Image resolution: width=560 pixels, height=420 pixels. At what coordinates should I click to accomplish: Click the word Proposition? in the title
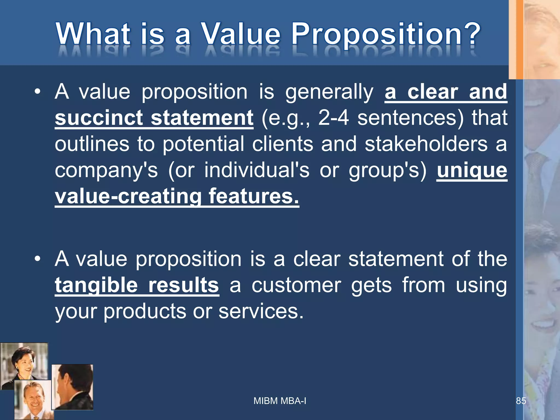[x=386, y=34]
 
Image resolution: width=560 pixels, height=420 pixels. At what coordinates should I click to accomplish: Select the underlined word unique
[x=472, y=170]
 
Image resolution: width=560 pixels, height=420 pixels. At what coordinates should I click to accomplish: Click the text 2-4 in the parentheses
[x=334, y=118]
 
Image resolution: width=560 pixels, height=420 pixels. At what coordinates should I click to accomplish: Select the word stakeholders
[x=426, y=144]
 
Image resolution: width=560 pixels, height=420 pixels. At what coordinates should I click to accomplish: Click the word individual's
[x=257, y=170]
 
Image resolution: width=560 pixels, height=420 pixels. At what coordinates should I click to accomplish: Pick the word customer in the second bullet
[x=296, y=285]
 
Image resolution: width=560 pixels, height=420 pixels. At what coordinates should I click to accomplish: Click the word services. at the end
[x=261, y=311]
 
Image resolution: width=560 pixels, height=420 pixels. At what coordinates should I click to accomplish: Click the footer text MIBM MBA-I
[x=280, y=401]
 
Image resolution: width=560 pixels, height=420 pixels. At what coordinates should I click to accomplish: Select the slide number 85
[x=521, y=401]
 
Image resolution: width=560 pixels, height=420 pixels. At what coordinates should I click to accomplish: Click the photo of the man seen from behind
[x=72, y=387]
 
